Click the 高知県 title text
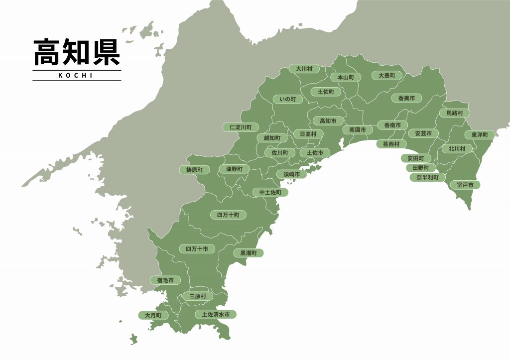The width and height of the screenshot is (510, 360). (77, 53)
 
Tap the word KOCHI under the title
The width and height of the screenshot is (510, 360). (77, 76)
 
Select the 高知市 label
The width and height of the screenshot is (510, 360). (328, 121)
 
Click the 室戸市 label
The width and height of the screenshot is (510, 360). (465, 185)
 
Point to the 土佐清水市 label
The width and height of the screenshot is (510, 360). (216, 315)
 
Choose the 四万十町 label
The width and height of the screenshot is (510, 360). (228, 215)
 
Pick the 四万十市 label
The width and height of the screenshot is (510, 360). (197, 248)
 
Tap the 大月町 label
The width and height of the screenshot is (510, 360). (153, 316)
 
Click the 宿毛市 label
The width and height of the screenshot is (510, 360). (165, 281)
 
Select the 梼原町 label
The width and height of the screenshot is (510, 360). (194, 170)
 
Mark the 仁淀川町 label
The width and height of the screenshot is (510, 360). (241, 127)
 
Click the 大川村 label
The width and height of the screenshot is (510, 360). (304, 69)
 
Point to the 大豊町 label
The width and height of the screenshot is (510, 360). (386, 76)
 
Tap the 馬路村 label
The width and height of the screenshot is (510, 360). (454, 113)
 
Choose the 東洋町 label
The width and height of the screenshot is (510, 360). (480, 135)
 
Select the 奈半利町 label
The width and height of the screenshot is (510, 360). (427, 177)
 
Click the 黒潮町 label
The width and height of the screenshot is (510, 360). (249, 253)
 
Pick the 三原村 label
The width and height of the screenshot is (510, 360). (198, 296)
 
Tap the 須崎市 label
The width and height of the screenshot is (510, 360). (292, 174)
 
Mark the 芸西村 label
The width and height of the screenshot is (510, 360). (391, 144)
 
